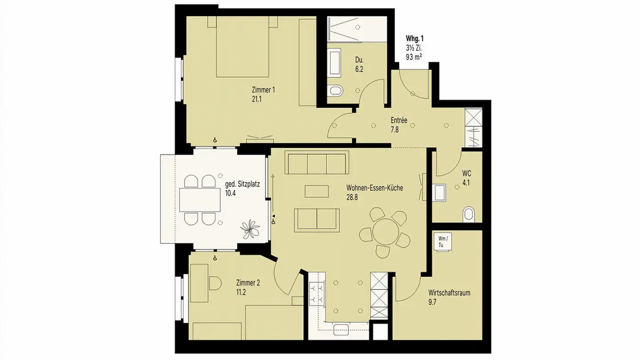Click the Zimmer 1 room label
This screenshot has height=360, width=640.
click(x=263, y=90)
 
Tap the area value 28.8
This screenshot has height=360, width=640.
click(x=352, y=197)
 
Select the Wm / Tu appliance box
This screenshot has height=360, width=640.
click(x=443, y=242)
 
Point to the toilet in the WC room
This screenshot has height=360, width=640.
click(x=468, y=214)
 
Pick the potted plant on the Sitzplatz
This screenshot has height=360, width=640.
click(x=250, y=229)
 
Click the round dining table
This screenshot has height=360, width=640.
click(x=385, y=231)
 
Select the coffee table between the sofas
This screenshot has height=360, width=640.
click(x=316, y=191)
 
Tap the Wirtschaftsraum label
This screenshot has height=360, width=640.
click(x=449, y=293)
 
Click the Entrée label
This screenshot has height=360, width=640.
click(x=399, y=120)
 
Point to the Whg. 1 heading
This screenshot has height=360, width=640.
click(x=415, y=39)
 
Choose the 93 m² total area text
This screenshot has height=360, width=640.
click(x=414, y=57)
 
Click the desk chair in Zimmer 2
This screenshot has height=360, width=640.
click(x=215, y=283)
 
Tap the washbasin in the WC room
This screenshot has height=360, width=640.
click(x=440, y=192)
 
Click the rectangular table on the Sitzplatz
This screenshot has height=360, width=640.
click(x=200, y=200)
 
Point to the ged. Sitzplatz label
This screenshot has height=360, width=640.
click(x=242, y=184)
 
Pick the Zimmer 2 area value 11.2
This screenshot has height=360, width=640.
click(x=241, y=292)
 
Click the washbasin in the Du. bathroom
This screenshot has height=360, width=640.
click(x=335, y=63)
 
